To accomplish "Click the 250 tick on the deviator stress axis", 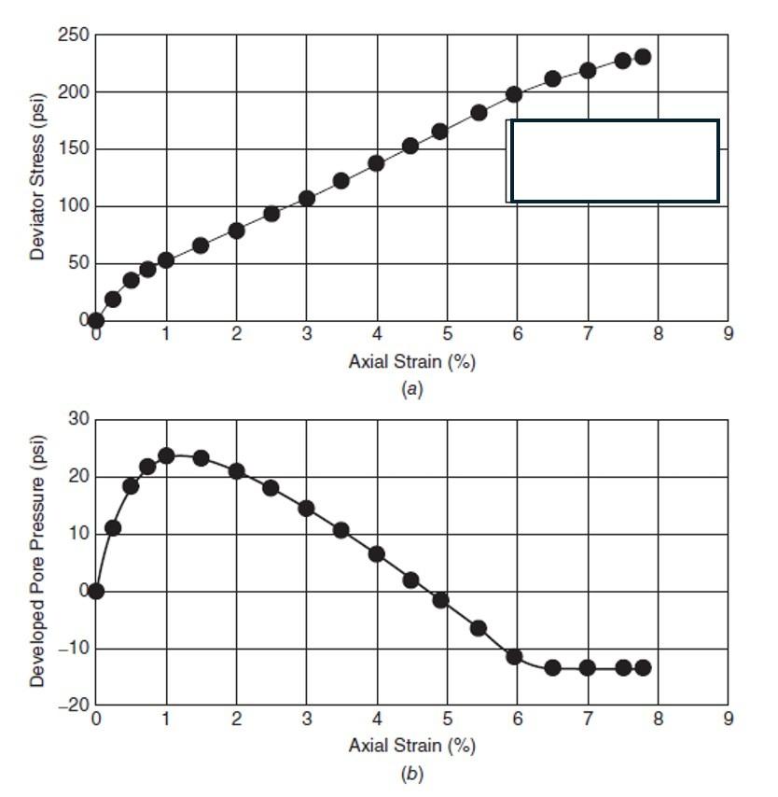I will coord(76,35).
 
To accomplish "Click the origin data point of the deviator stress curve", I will coord(95,320).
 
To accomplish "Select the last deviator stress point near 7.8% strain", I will coord(643,57).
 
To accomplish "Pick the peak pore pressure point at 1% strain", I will coord(166,455).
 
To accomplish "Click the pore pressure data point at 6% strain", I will coord(514,657).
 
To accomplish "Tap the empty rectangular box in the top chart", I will coord(615,161).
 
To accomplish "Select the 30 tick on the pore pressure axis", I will coord(78,420).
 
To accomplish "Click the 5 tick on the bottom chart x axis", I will coord(447,720).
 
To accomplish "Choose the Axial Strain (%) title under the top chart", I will coord(411,362).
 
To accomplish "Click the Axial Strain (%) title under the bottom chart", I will coord(411,746).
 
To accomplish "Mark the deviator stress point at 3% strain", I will coord(306,198).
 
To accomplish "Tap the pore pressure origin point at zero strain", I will coord(95,591).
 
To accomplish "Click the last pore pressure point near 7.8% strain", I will coord(643,667).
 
